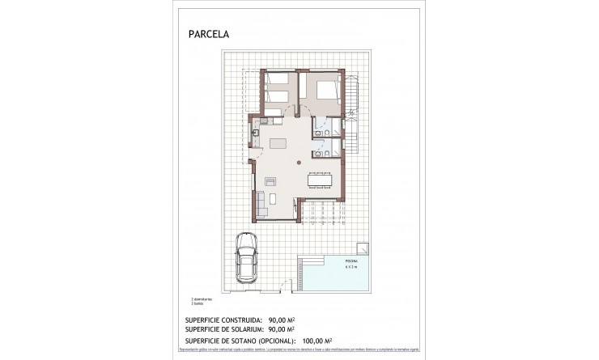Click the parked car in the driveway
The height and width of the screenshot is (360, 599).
pos(246,257)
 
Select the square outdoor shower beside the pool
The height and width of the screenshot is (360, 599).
pos(363,248)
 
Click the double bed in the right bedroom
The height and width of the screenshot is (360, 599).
pos(326,91)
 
